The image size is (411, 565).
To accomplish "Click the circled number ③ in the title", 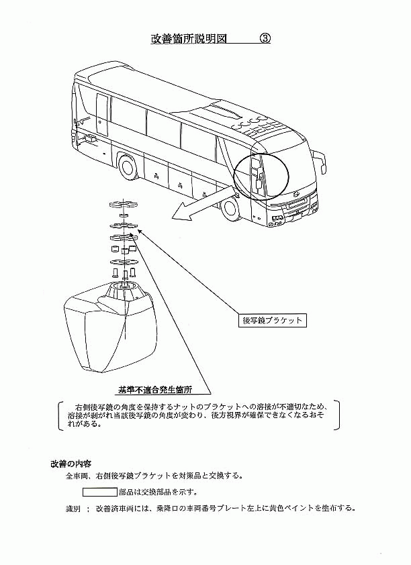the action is tap(265, 38).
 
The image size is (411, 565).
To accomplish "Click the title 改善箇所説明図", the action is tap(189, 38).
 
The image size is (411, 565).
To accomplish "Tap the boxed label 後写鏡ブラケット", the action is tap(272, 319).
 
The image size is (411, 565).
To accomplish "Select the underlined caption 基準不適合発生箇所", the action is tap(155, 389).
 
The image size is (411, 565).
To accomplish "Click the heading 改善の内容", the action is tap(71, 464).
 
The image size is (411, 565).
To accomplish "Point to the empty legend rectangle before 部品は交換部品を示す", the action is tap(99, 492).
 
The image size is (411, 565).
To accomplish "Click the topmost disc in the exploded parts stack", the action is tap(124, 204).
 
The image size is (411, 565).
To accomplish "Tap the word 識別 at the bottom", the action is tap(73, 509).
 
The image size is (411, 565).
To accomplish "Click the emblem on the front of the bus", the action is tap(296, 194).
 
